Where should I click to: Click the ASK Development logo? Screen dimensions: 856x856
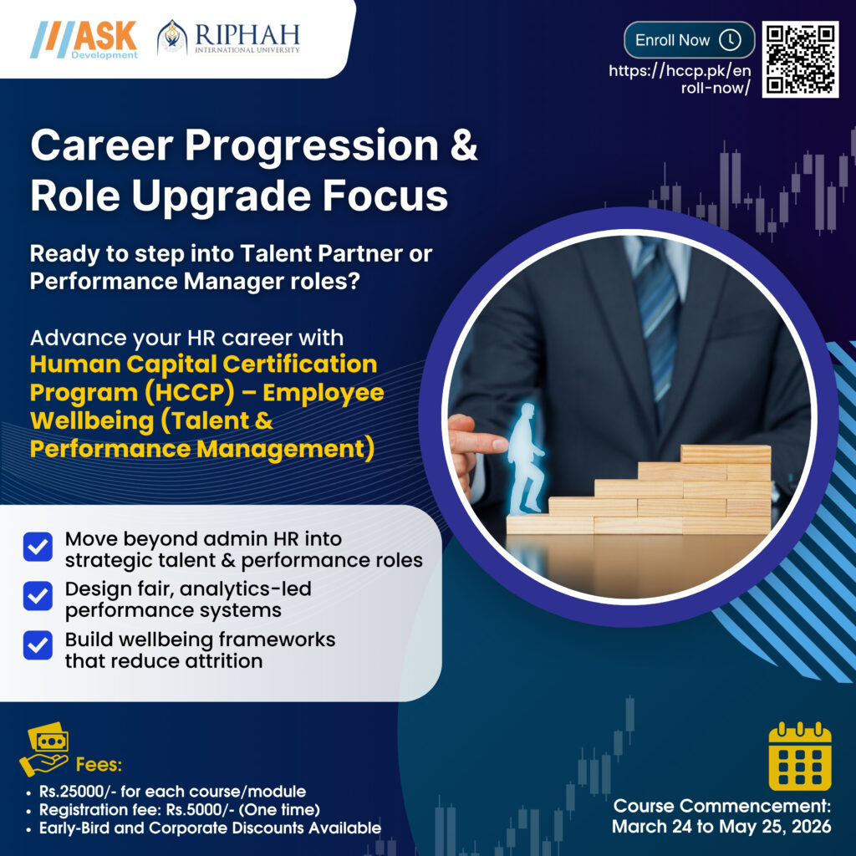(x=84, y=38)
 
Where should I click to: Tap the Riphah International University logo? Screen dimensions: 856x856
(x=228, y=38)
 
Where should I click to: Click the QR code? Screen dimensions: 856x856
(x=800, y=59)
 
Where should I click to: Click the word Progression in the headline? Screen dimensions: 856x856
(x=311, y=147)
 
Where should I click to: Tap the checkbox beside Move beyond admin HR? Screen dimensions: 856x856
(x=38, y=548)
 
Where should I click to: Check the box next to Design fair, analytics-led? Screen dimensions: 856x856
(x=38, y=598)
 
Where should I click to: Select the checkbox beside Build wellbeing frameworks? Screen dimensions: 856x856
(x=38, y=647)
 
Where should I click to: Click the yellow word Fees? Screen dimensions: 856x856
(x=99, y=764)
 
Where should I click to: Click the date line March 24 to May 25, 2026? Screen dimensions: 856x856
(x=721, y=827)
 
